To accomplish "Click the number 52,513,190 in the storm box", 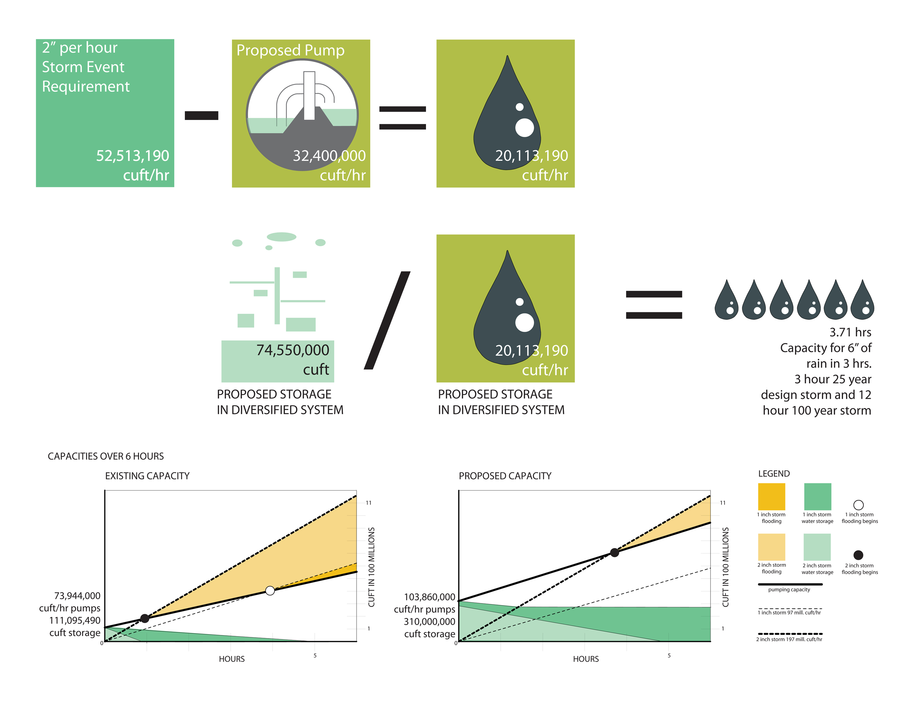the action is tap(132, 156).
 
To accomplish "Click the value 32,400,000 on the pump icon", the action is tap(329, 156).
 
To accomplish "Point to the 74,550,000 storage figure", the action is tap(293, 350).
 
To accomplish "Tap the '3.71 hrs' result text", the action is tap(850, 332).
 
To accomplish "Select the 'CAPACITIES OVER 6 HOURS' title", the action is tap(106, 456).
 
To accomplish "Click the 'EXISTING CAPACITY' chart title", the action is tap(147, 476).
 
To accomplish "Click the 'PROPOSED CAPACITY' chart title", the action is tap(505, 476).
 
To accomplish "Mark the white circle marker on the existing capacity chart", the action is tap(270, 591).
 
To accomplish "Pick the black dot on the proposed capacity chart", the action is tap(614, 553).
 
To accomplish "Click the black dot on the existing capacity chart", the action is tap(145, 618).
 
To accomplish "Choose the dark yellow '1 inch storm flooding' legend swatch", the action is tap(771, 497).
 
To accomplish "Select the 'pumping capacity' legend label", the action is tap(789, 590).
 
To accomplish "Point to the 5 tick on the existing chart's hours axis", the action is tap(315, 655).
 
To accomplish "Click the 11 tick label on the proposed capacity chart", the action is tap(722, 503).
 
